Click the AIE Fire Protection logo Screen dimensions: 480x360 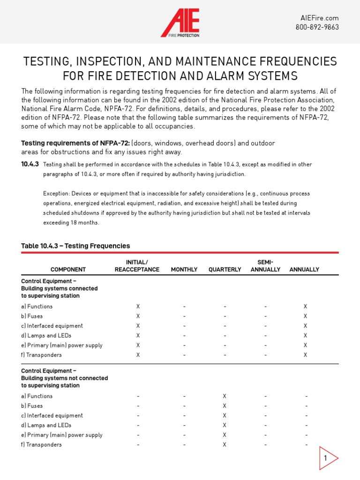180,22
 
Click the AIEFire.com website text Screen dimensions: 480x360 319,18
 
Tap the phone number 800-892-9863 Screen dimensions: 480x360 317,27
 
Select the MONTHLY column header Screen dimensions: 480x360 184,270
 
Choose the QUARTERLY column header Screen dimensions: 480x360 225,270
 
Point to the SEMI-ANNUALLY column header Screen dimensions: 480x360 265,266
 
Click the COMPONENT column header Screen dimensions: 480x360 68,270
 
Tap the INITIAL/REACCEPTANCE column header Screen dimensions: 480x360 137,266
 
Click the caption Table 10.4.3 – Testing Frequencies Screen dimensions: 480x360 75,246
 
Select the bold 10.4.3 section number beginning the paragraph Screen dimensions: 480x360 30,164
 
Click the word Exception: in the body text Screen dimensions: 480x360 57,193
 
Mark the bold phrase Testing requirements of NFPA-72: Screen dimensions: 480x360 75,143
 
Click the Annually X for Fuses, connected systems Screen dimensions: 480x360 305,316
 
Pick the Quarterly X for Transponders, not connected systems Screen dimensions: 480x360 225,444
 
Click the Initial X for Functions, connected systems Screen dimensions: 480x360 138,306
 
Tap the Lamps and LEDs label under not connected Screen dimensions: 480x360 46,425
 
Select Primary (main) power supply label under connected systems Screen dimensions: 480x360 62,345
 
